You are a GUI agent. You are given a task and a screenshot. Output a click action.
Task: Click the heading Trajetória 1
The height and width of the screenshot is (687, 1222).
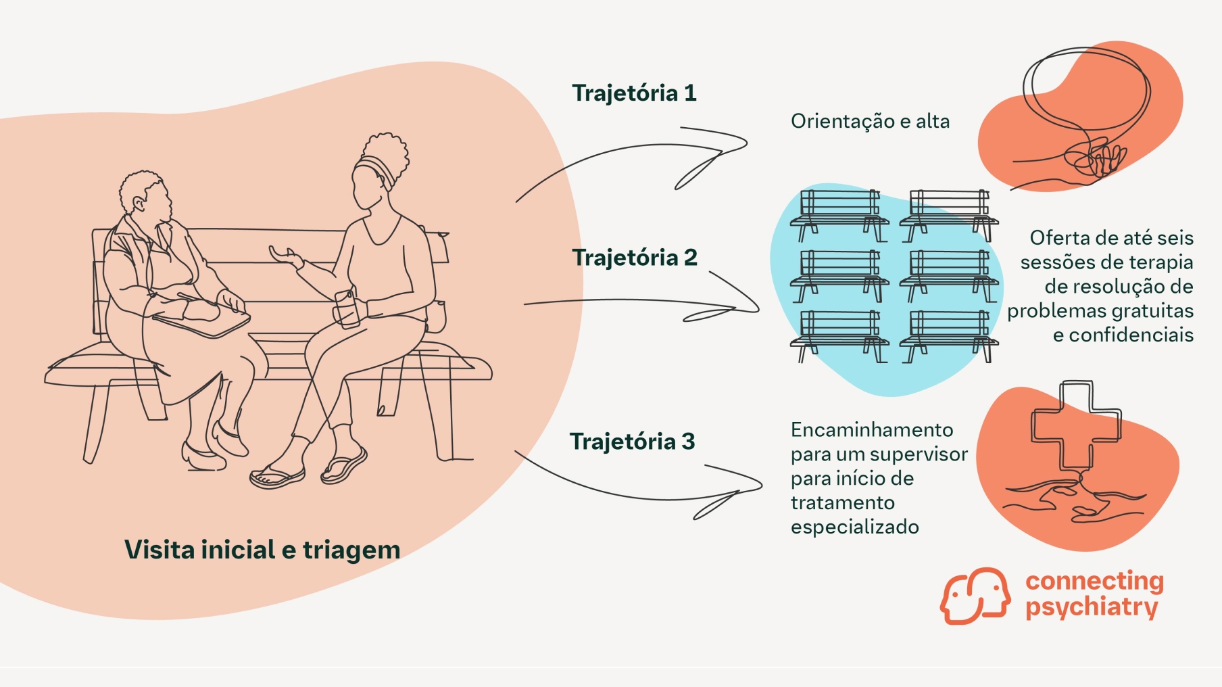(633, 93)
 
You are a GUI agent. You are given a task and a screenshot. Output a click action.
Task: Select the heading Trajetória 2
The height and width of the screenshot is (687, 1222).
(634, 258)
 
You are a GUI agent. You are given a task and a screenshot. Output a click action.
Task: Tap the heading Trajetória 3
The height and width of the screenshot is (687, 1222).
(632, 442)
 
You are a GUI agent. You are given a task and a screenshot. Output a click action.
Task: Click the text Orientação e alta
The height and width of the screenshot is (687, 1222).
(870, 122)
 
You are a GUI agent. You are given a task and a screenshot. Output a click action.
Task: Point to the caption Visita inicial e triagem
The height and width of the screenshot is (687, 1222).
(262, 550)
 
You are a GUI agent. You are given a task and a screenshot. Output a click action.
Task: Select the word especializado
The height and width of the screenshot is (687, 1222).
(854, 527)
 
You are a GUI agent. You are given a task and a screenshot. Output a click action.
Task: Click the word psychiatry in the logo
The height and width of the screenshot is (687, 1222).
(1091, 607)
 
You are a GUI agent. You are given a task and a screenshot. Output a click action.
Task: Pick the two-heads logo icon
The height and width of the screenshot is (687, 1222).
(975, 596)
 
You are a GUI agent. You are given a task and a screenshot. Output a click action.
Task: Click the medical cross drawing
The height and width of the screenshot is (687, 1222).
(1075, 426)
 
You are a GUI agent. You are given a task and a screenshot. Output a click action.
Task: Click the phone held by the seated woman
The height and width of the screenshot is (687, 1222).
(347, 308)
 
